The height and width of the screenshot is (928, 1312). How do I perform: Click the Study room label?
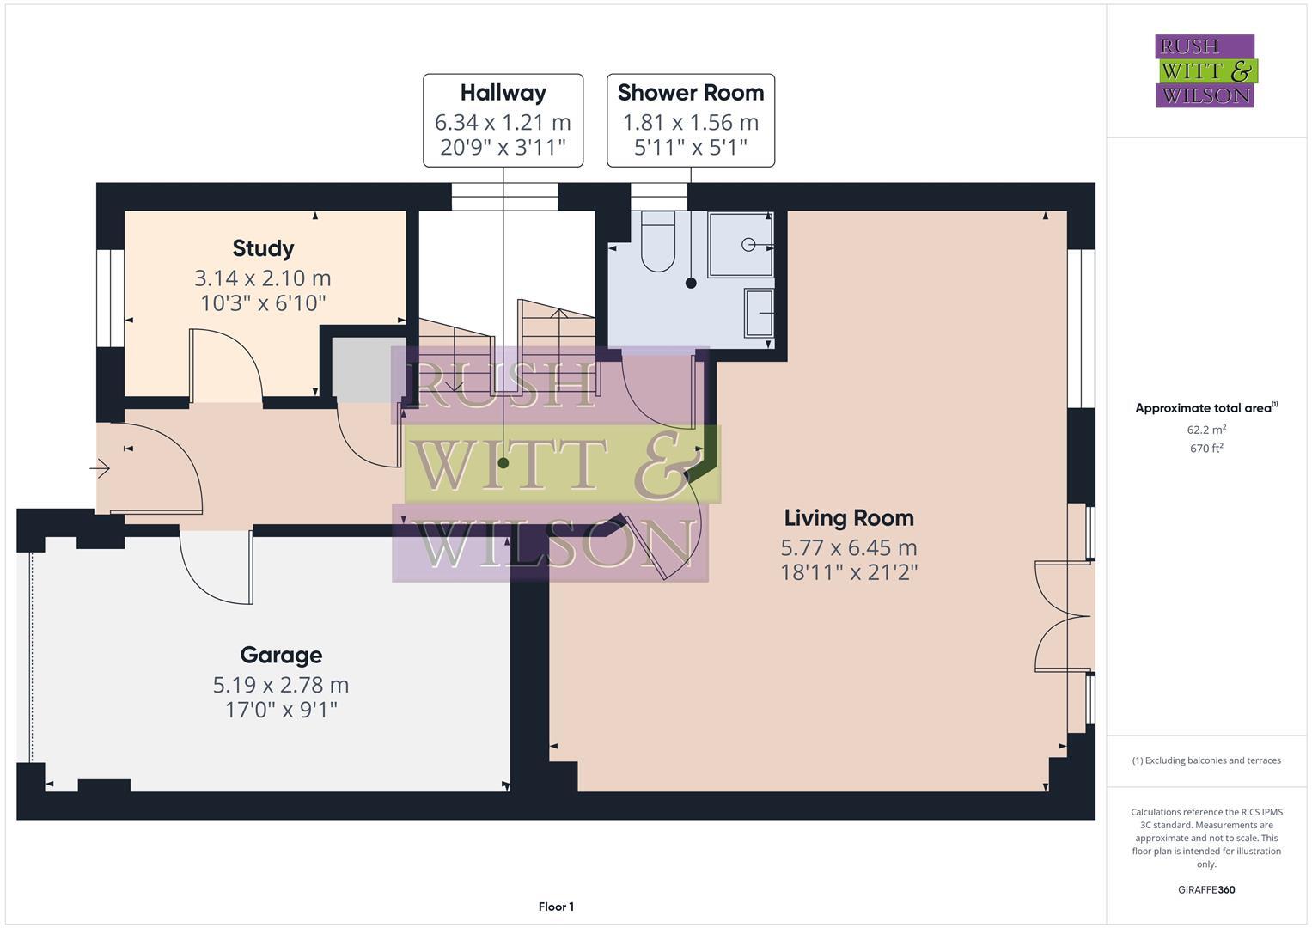[x=263, y=248]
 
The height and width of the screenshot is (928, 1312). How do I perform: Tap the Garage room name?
[x=281, y=655]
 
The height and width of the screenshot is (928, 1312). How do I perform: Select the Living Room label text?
[x=848, y=517]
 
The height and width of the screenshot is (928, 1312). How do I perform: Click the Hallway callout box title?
[x=503, y=93]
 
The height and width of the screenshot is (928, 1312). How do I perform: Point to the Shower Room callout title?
[x=690, y=93]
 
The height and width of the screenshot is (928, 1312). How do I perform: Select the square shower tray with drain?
[x=740, y=245]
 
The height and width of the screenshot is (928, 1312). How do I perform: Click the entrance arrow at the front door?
[x=101, y=468]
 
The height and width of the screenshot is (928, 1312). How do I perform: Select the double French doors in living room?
[x=1061, y=615]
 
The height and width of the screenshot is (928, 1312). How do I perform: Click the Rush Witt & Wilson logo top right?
[x=1205, y=70]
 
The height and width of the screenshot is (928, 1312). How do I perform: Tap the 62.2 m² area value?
[x=1205, y=430]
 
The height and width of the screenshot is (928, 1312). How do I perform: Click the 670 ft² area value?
[x=1205, y=448]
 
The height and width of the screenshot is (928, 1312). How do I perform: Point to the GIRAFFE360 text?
[x=1205, y=889]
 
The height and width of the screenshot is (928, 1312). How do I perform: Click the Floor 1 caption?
[x=556, y=907]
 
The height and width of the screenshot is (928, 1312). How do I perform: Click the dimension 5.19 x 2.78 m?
[x=281, y=685]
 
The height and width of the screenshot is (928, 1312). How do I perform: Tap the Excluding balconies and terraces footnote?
[x=1205, y=760]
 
